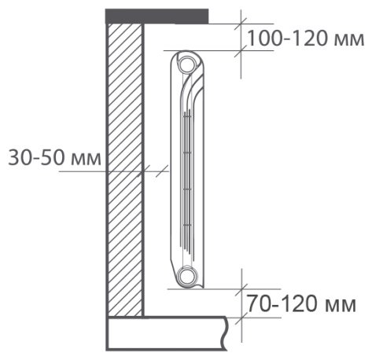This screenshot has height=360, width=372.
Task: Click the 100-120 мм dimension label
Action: coord(306,39)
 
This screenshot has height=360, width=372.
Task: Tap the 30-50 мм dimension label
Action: coord(54,158)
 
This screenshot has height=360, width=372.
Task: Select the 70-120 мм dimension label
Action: coord(301,303)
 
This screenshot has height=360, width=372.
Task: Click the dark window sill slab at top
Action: coord(157,17)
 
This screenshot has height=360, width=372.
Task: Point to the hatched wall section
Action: coord(125,170)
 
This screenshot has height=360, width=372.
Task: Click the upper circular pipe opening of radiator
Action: coord(187,64)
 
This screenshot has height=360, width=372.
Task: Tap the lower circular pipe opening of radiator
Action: coord(187,276)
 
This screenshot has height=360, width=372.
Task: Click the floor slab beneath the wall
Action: coord(167,333)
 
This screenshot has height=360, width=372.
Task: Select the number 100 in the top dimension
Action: coord(265,39)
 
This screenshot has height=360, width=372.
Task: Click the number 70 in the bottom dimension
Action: coord(258,303)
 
